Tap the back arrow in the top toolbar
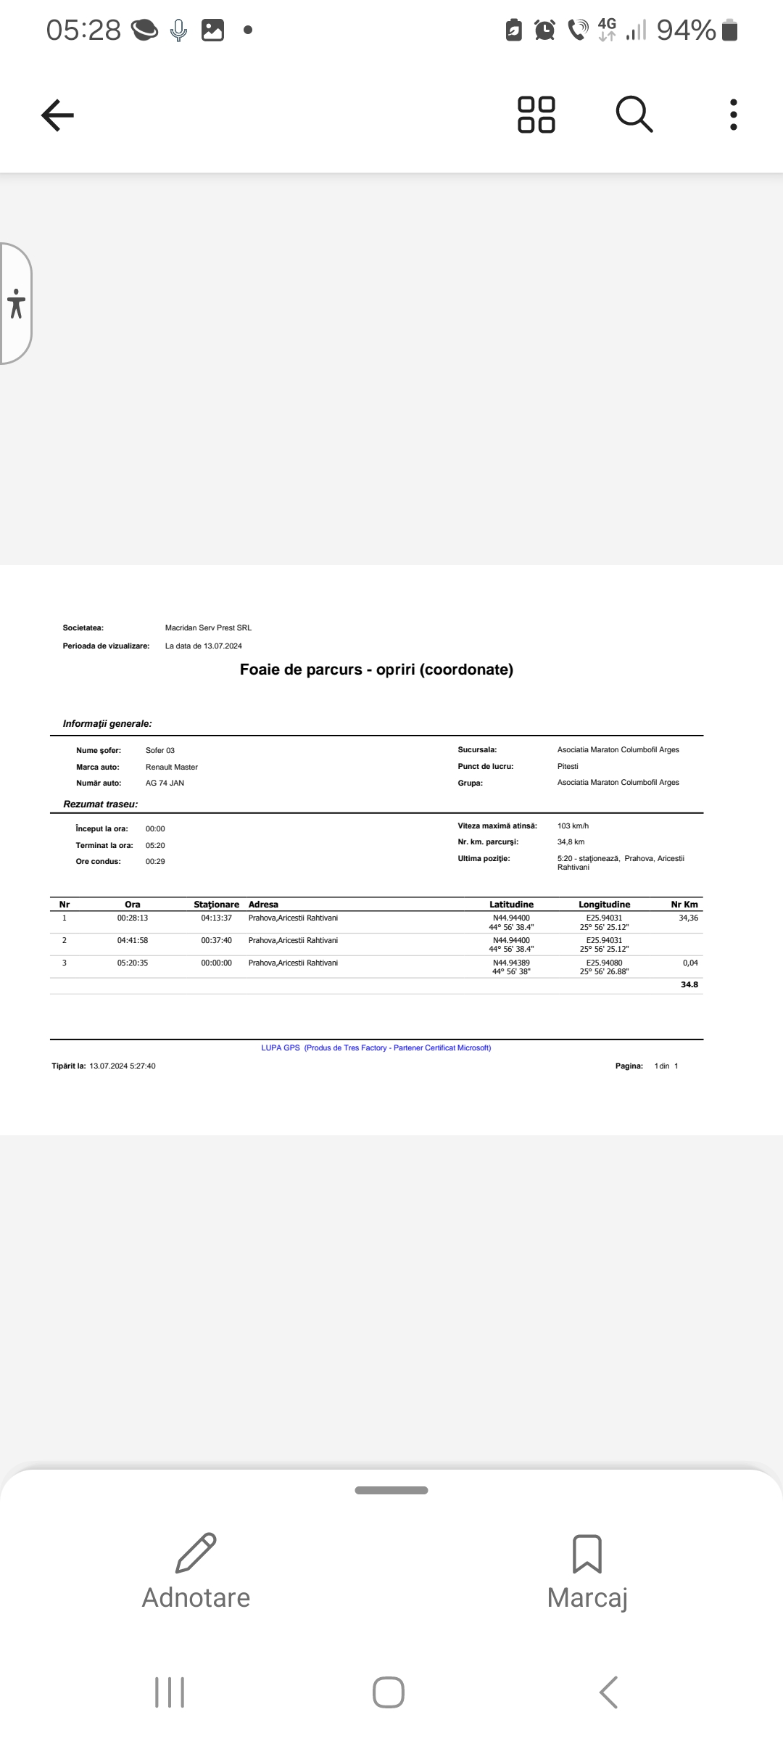click(58, 115)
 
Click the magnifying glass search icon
click(634, 115)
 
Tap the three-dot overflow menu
click(734, 115)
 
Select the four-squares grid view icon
click(536, 115)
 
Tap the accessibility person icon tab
click(16, 303)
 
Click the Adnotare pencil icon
click(196, 1553)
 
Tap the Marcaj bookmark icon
click(587, 1553)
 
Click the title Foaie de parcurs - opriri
click(376, 670)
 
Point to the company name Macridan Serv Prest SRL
click(208, 627)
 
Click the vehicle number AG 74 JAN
click(165, 783)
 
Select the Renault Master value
click(172, 767)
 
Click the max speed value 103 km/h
click(573, 826)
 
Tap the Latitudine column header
click(511, 905)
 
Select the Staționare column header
click(216, 905)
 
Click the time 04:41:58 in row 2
click(133, 940)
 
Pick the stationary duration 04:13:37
click(217, 918)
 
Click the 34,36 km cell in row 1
click(688, 918)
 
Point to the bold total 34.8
click(689, 984)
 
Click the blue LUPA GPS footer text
click(376, 1048)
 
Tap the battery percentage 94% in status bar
click(686, 30)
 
